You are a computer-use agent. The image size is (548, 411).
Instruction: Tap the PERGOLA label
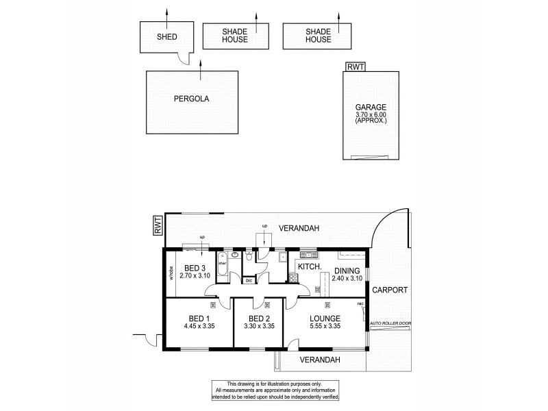click(x=191, y=98)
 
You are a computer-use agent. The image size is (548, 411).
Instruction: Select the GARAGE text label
click(x=371, y=107)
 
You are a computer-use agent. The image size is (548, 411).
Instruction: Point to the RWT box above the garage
click(x=356, y=66)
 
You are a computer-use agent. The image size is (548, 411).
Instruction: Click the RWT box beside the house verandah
click(x=158, y=225)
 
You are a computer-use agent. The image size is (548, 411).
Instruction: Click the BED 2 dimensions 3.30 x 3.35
click(x=259, y=326)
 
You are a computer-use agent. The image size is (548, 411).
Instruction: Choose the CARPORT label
click(x=389, y=290)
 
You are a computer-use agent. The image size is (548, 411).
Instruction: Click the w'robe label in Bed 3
click(x=171, y=273)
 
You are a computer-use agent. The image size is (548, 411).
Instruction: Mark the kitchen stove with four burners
click(x=294, y=277)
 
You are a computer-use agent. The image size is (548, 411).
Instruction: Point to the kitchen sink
click(x=305, y=255)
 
